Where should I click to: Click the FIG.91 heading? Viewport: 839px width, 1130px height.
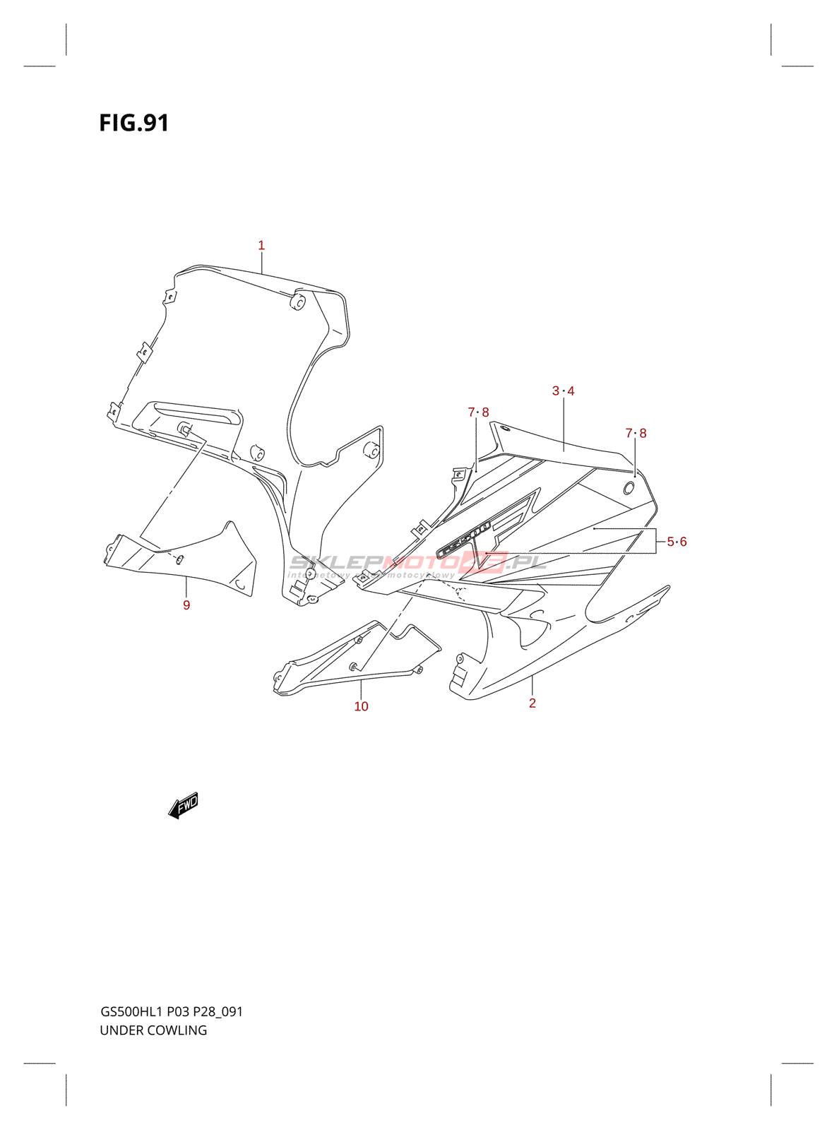(134, 123)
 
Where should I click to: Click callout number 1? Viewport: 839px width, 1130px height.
(261, 246)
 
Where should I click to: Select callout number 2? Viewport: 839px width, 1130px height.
(532, 703)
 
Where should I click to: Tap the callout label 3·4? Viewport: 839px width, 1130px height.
(563, 391)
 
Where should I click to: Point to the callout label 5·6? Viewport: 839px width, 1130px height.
(677, 542)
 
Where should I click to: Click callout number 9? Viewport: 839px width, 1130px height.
(186, 605)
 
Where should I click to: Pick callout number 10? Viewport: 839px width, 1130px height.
(361, 706)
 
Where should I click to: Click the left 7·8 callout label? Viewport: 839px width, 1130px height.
(478, 412)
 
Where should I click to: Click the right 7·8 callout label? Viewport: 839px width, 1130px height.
(636, 434)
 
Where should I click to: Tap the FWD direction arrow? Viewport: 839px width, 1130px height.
(184, 804)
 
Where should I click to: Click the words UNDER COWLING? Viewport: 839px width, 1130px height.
(153, 1030)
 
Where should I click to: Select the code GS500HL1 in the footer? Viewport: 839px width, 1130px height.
(131, 1011)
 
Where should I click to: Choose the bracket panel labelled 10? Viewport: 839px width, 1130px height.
(353, 657)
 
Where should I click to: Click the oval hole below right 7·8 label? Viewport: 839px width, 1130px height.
(629, 487)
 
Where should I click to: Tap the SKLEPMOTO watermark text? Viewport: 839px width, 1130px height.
(417, 563)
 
